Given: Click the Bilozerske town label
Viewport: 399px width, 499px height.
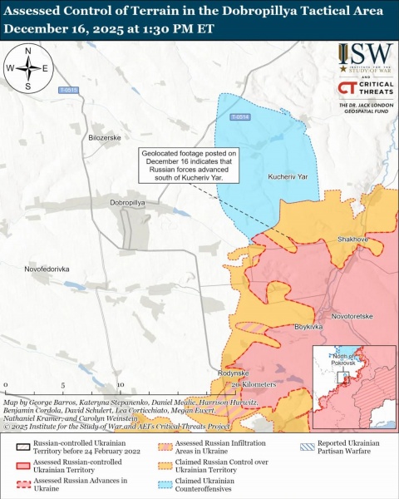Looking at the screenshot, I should point(105,136).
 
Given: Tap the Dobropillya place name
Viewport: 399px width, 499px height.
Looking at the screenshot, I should point(128,202).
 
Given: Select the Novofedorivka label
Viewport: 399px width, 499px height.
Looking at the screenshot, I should point(47,269).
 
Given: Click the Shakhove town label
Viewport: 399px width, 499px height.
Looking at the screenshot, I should point(352,239).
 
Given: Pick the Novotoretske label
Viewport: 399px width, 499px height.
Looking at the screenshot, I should point(352,316).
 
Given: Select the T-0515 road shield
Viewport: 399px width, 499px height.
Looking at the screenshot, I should point(68,90).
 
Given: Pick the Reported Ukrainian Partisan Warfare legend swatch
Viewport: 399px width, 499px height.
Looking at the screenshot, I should point(308,447).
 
